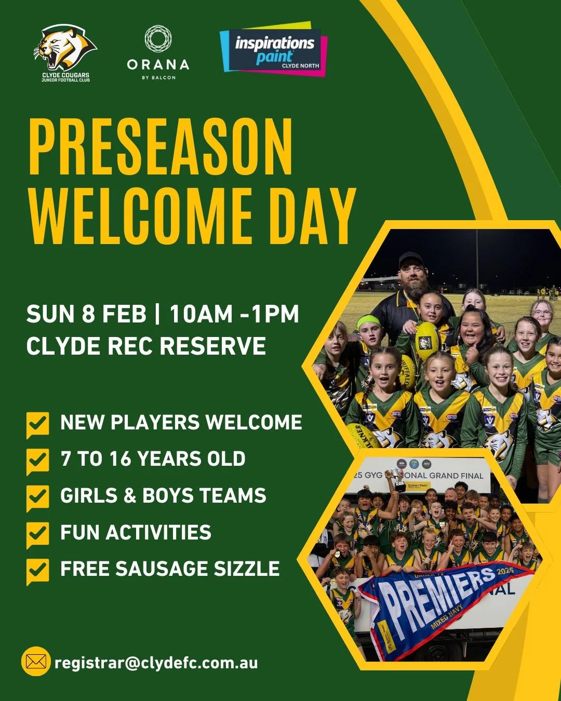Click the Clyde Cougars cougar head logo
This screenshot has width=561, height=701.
coord(65,48)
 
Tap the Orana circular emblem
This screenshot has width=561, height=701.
coord(158,39)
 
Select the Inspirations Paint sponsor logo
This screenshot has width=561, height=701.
coord(274,50)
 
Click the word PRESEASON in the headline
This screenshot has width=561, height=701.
coord(161,147)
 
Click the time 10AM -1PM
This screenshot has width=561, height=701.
coord(234,315)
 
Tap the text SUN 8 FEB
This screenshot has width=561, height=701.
coord(86,315)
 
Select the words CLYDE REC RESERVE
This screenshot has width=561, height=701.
coord(146,346)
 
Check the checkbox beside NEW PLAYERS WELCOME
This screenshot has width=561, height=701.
coord(37,424)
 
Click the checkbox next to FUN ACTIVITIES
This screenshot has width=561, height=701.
coord(37,534)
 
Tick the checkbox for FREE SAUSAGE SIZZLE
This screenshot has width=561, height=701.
coord(37,570)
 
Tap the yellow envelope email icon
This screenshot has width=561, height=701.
coord(36,662)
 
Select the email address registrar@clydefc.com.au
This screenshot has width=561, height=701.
coord(156,663)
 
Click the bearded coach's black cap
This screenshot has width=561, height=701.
coord(411,259)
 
